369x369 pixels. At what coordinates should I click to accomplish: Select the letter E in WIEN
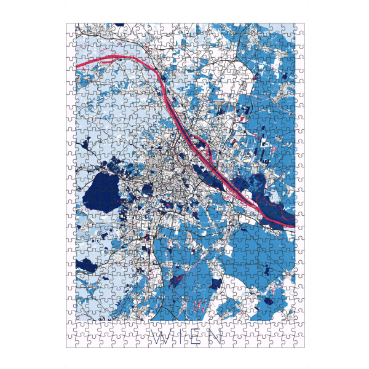pyautogui.click(x=196, y=336)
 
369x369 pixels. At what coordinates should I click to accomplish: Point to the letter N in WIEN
pyautogui.click(x=215, y=336)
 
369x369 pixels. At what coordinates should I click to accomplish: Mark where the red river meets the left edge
pyautogui.click(x=76, y=64)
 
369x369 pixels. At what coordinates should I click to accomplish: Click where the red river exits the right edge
pyautogui.click(x=294, y=220)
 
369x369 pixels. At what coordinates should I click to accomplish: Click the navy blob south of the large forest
pyautogui.click(x=87, y=265)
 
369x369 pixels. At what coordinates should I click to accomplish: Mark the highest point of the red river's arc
pyautogui.click(x=126, y=57)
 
